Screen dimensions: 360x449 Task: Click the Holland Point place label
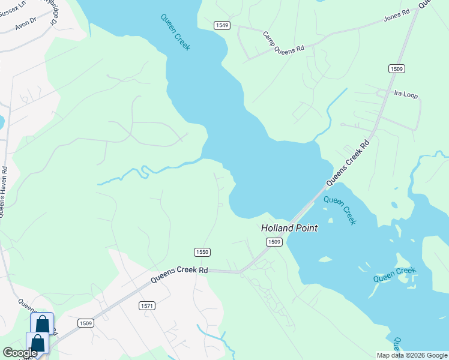tap(289, 228)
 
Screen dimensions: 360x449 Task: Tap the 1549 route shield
tap(222, 25)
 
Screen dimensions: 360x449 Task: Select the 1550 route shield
tap(202, 253)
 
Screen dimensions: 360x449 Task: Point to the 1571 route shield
tap(147, 306)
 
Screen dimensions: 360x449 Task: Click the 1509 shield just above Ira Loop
tap(396, 69)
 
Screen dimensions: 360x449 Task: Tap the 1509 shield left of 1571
tap(86, 323)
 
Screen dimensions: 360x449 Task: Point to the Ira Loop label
tap(405, 94)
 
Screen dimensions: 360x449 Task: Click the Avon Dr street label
tap(26, 27)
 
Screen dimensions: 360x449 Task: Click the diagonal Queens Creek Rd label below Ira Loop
tap(348, 163)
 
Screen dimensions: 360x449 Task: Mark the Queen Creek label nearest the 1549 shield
tap(175, 32)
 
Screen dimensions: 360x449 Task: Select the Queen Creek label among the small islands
tap(394, 274)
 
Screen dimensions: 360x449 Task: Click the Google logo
tap(20, 353)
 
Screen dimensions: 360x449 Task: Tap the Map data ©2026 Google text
tap(412, 355)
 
